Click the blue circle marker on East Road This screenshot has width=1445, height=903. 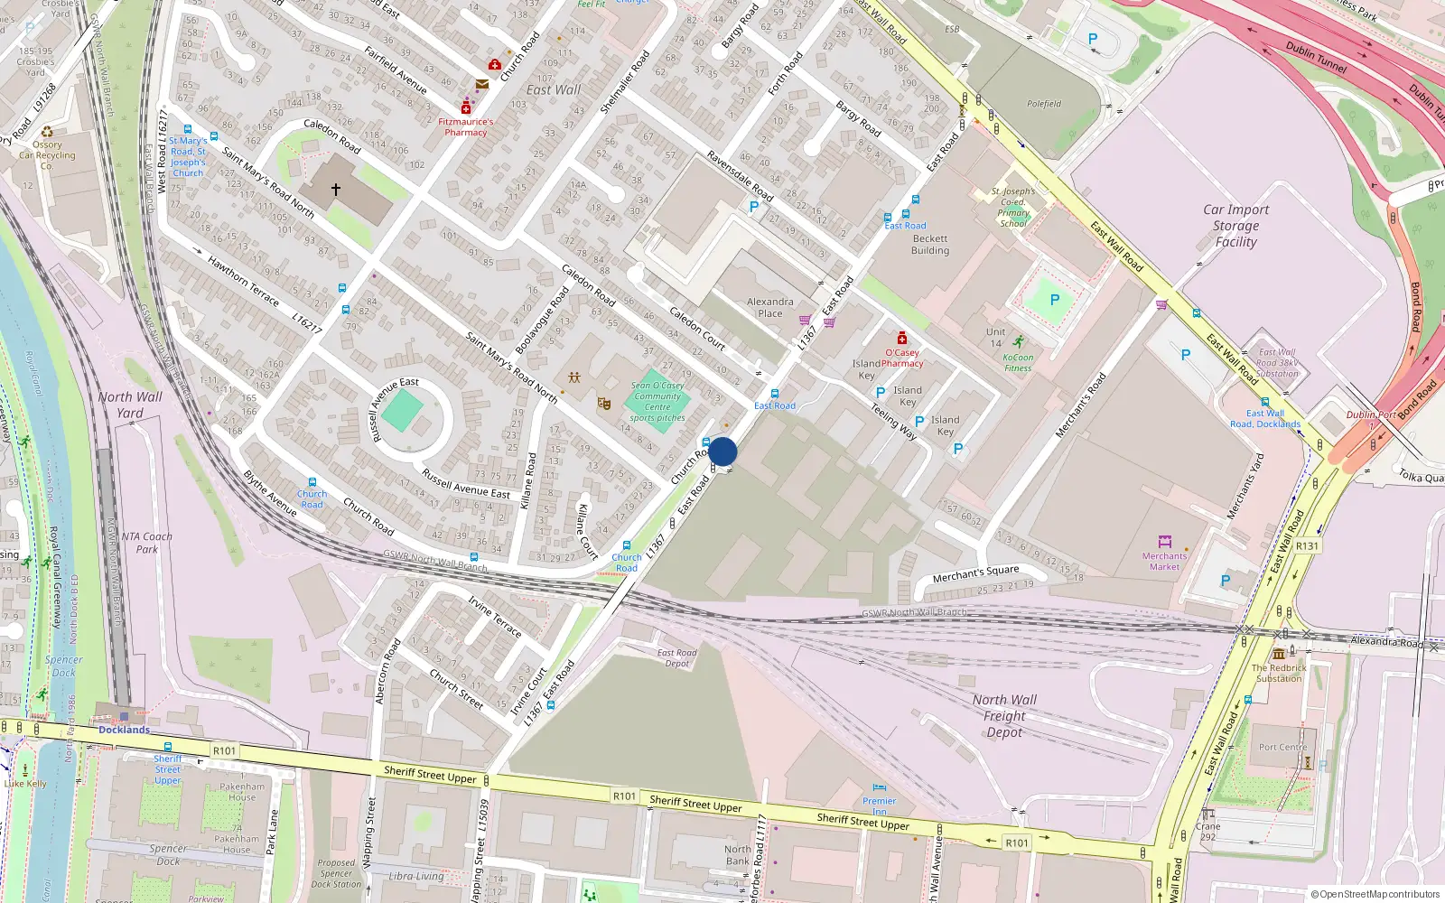pos(722,451)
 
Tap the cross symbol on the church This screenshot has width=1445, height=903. pos(336,190)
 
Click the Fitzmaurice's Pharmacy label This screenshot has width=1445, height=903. pos(466,127)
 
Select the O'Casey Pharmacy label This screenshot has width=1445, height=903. pos(902,358)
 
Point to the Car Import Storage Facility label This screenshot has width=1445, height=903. pos(1235,226)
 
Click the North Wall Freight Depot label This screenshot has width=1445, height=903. pos(1004,716)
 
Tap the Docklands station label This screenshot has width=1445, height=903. pos(124,730)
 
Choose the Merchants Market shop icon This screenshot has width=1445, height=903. pos(1165,542)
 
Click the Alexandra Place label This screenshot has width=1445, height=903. pos(770,308)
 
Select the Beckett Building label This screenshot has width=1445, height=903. pos(930,245)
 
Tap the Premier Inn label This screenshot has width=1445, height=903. pos(879,805)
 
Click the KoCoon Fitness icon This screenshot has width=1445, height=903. pos(1019,342)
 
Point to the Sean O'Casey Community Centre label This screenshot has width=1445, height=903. pos(657,401)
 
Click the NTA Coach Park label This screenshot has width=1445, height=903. pos(146,543)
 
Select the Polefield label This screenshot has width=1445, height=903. pos(1044,104)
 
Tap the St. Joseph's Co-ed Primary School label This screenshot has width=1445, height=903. pos(1013,207)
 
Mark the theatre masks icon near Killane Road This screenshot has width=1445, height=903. pos(604,403)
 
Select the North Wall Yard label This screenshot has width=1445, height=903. pos(130,405)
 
